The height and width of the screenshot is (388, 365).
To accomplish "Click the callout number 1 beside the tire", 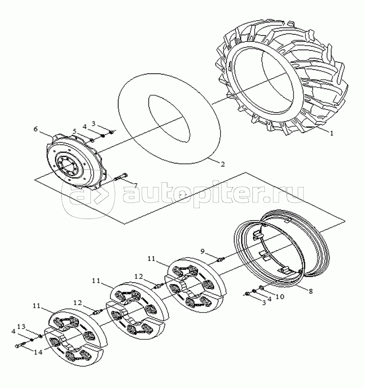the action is click(332, 133).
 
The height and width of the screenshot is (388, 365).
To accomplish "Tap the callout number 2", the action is click(222, 164).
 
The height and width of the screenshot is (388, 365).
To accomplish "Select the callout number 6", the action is click(35, 129).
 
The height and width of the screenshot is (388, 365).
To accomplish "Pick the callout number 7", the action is click(135, 185).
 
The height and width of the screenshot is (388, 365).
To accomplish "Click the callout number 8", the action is click(310, 291).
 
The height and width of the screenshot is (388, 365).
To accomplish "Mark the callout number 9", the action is click(203, 251).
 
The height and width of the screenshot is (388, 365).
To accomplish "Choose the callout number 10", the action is click(279, 296).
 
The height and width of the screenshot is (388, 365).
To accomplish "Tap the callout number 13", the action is click(21, 327).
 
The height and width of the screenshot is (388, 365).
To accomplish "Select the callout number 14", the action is click(38, 352).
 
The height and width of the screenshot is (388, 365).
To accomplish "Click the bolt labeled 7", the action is click(121, 177).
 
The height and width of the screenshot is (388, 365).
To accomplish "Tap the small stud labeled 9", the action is click(220, 260).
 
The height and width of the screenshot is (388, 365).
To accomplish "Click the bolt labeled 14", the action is click(21, 344).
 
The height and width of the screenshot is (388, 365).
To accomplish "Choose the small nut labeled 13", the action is click(41, 336).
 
